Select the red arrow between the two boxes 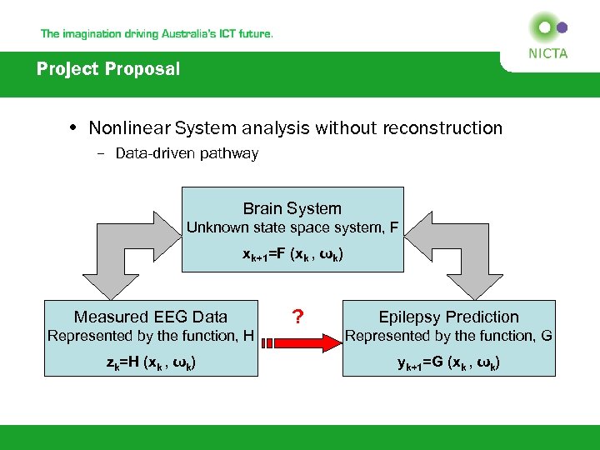[x=297, y=340]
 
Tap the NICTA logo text [x=547, y=53]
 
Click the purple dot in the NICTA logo [x=562, y=27]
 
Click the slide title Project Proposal [x=108, y=69]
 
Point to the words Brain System [x=292, y=208]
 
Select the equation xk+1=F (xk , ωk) [x=292, y=255]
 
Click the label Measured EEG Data [x=150, y=317]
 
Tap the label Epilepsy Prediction [x=448, y=317]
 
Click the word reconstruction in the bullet [x=442, y=128]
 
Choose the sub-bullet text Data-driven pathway [x=187, y=153]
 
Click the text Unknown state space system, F [x=292, y=227]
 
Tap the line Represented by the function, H [x=150, y=336]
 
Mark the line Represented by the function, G [x=448, y=336]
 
